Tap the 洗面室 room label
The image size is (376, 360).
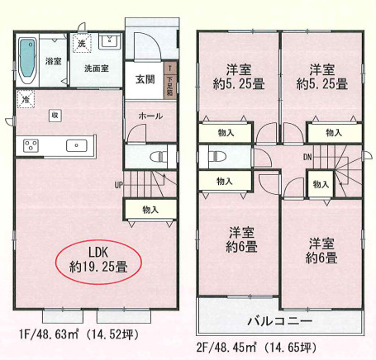point(97,69)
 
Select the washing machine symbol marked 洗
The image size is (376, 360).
point(82,43)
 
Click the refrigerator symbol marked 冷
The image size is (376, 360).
point(26,99)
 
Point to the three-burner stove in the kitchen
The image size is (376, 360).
point(31,146)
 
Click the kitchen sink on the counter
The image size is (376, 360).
point(77,145)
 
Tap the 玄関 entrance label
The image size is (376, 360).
point(145,79)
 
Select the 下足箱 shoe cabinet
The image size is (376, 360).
point(170,81)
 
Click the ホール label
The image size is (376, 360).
point(150,116)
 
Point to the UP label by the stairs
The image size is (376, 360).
point(119,185)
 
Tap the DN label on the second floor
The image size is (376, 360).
point(307,157)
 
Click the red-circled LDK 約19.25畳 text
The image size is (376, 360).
point(98,260)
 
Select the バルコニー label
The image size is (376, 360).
point(280,321)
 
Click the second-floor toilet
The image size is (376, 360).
point(217,157)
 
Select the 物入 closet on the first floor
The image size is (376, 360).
point(150,210)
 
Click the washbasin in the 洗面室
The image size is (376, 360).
point(110,41)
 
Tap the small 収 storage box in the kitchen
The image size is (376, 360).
point(55,116)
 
